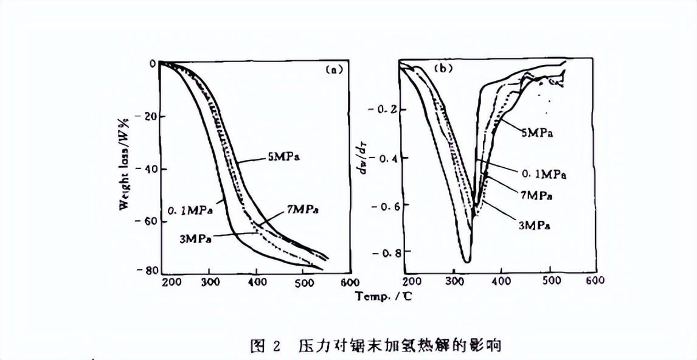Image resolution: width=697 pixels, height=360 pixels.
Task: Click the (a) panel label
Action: coord(333,69)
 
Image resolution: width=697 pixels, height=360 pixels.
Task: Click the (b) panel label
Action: coord(442,69)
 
